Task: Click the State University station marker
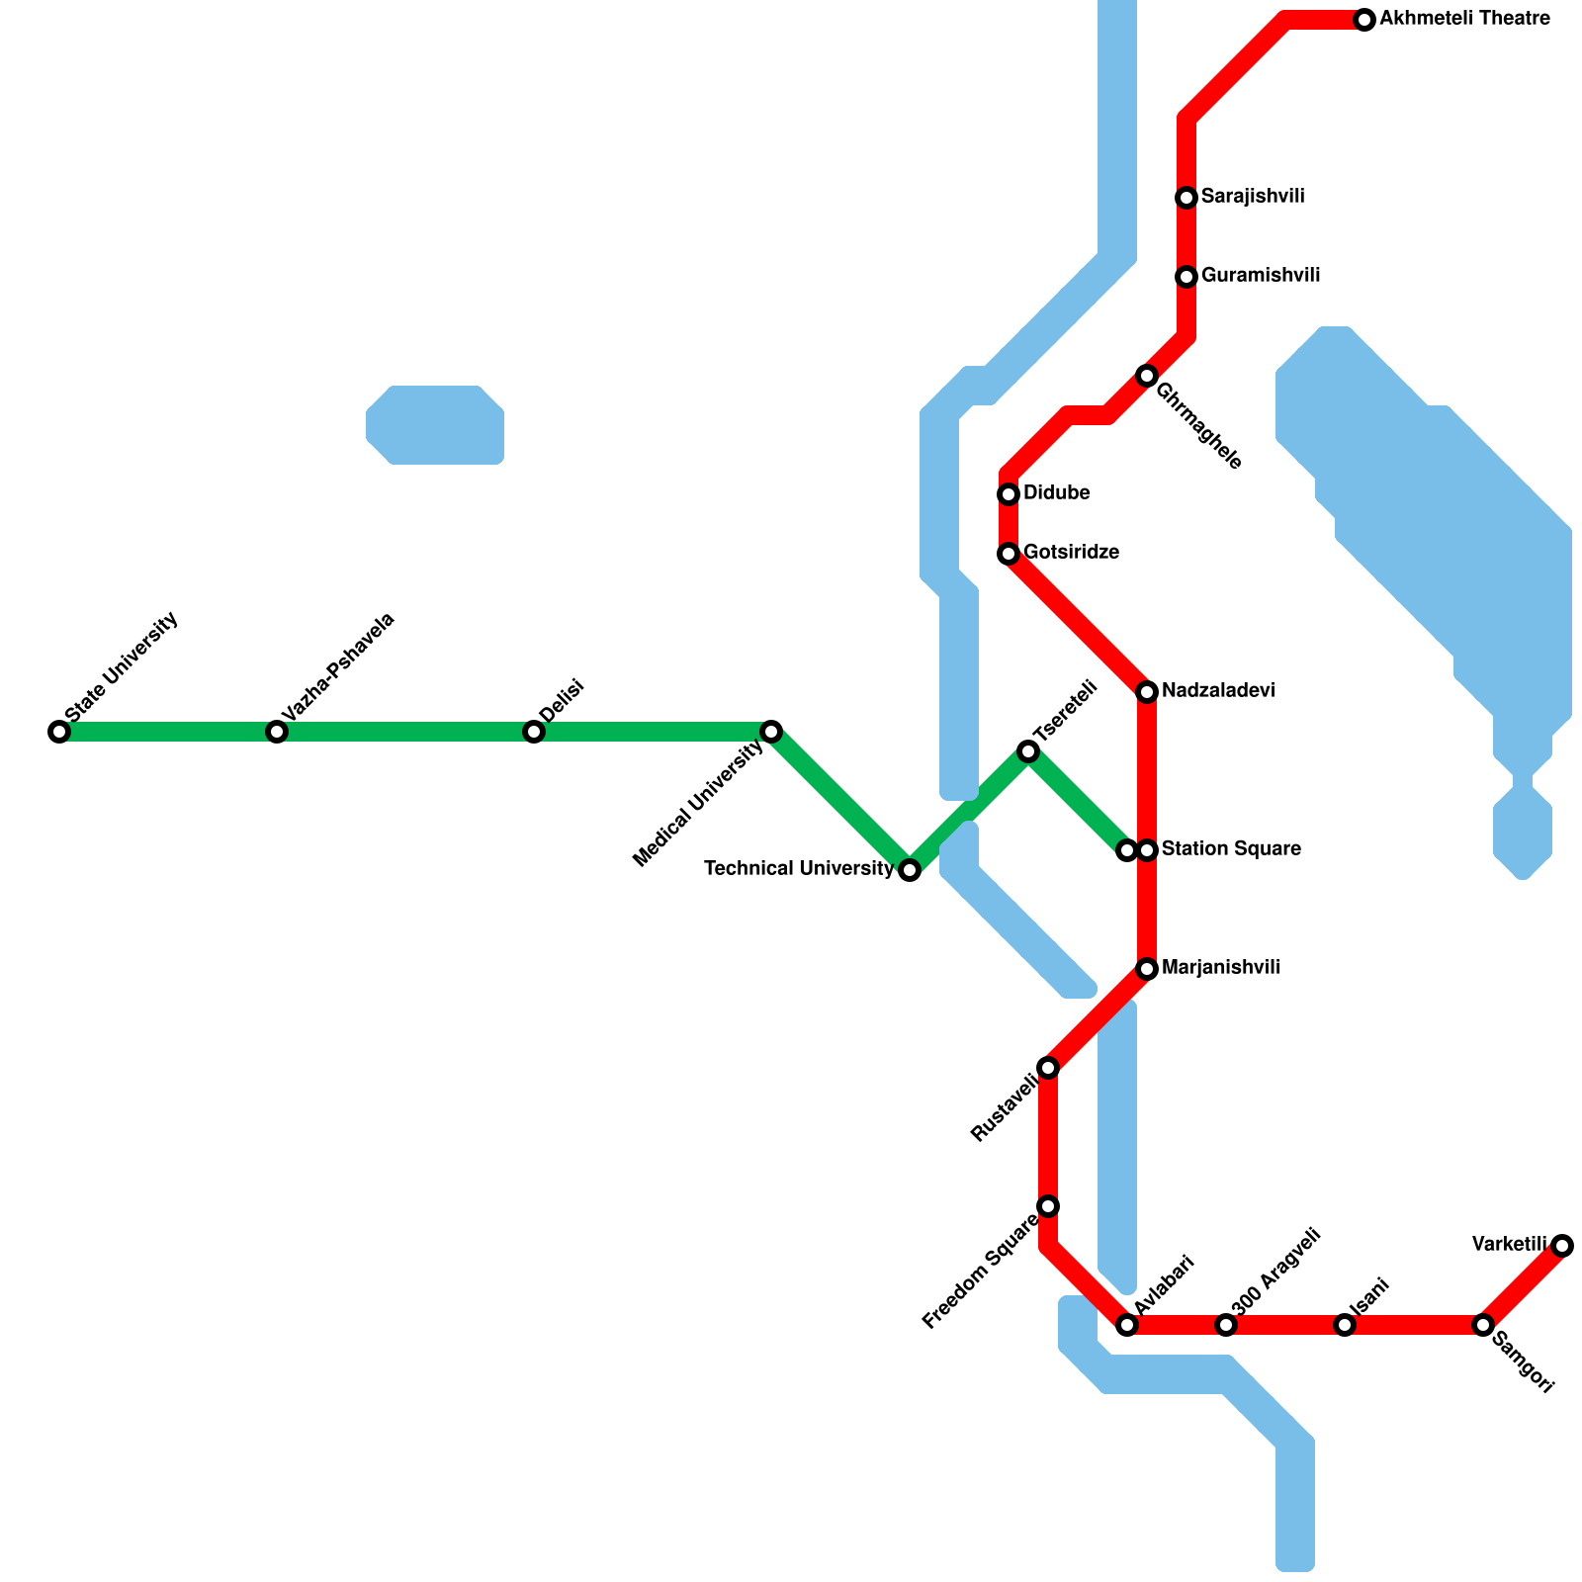tap(59, 732)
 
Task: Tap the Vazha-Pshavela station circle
tap(277, 732)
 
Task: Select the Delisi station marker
tap(534, 732)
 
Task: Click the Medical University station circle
tap(771, 732)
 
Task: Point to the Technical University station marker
tap(910, 870)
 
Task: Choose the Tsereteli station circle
tap(1028, 752)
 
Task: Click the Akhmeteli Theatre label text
tap(1464, 19)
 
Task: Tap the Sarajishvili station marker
tap(1186, 198)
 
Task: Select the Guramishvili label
tap(1261, 276)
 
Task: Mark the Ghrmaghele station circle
tap(1147, 376)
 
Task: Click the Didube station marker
tap(1009, 494)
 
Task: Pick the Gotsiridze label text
tap(1071, 553)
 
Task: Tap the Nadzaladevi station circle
tap(1147, 692)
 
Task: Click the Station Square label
tap(1231, 849)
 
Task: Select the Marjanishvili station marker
tap(1147, 969)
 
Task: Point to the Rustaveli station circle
tap(1048, 1068)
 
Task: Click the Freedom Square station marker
tap(1048, 1206)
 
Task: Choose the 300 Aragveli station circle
tap(1226, 1325)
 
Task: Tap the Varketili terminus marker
tap(1562, 1246)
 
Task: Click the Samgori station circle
tap(1483, 1325)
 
